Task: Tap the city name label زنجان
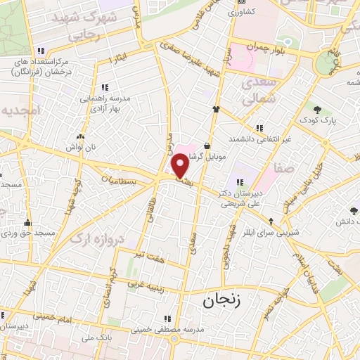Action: (x=221, y=302)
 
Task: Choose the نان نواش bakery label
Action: (x=80, y=148)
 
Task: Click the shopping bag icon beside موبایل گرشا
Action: (x=207, y=146)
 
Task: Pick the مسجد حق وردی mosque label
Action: (x=28, y=232)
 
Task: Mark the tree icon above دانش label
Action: (x=349, y=210)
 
